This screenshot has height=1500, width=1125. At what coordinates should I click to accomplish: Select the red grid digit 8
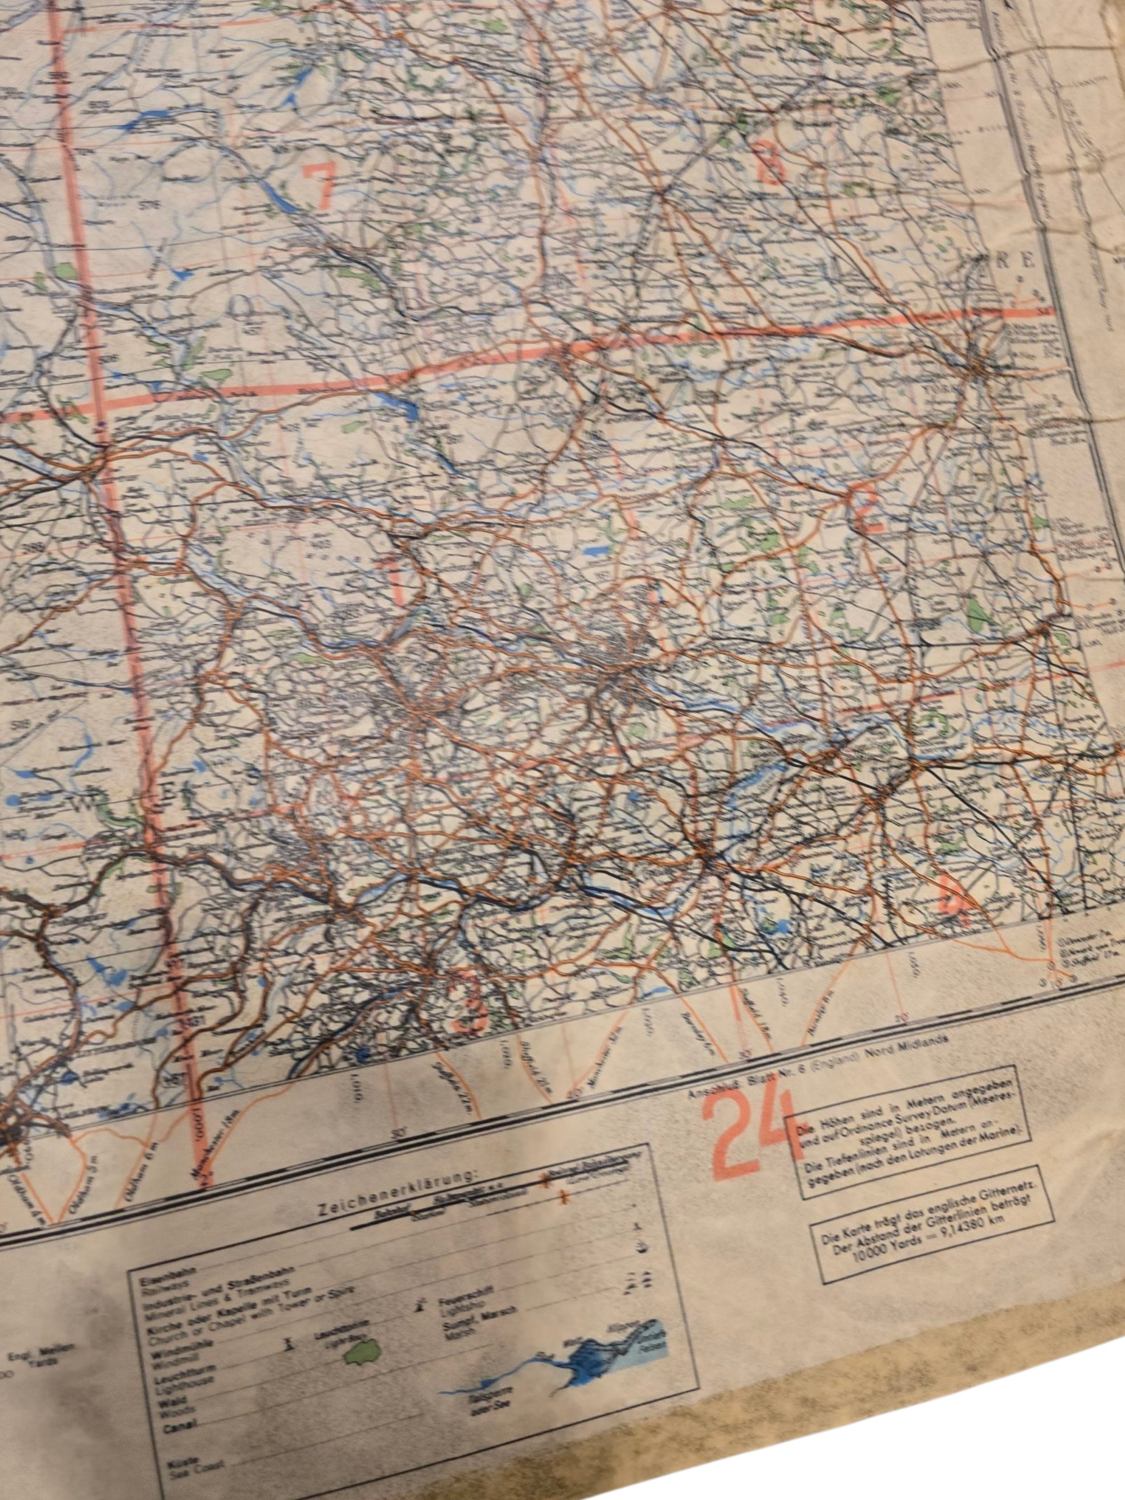[x=772, y=162]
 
